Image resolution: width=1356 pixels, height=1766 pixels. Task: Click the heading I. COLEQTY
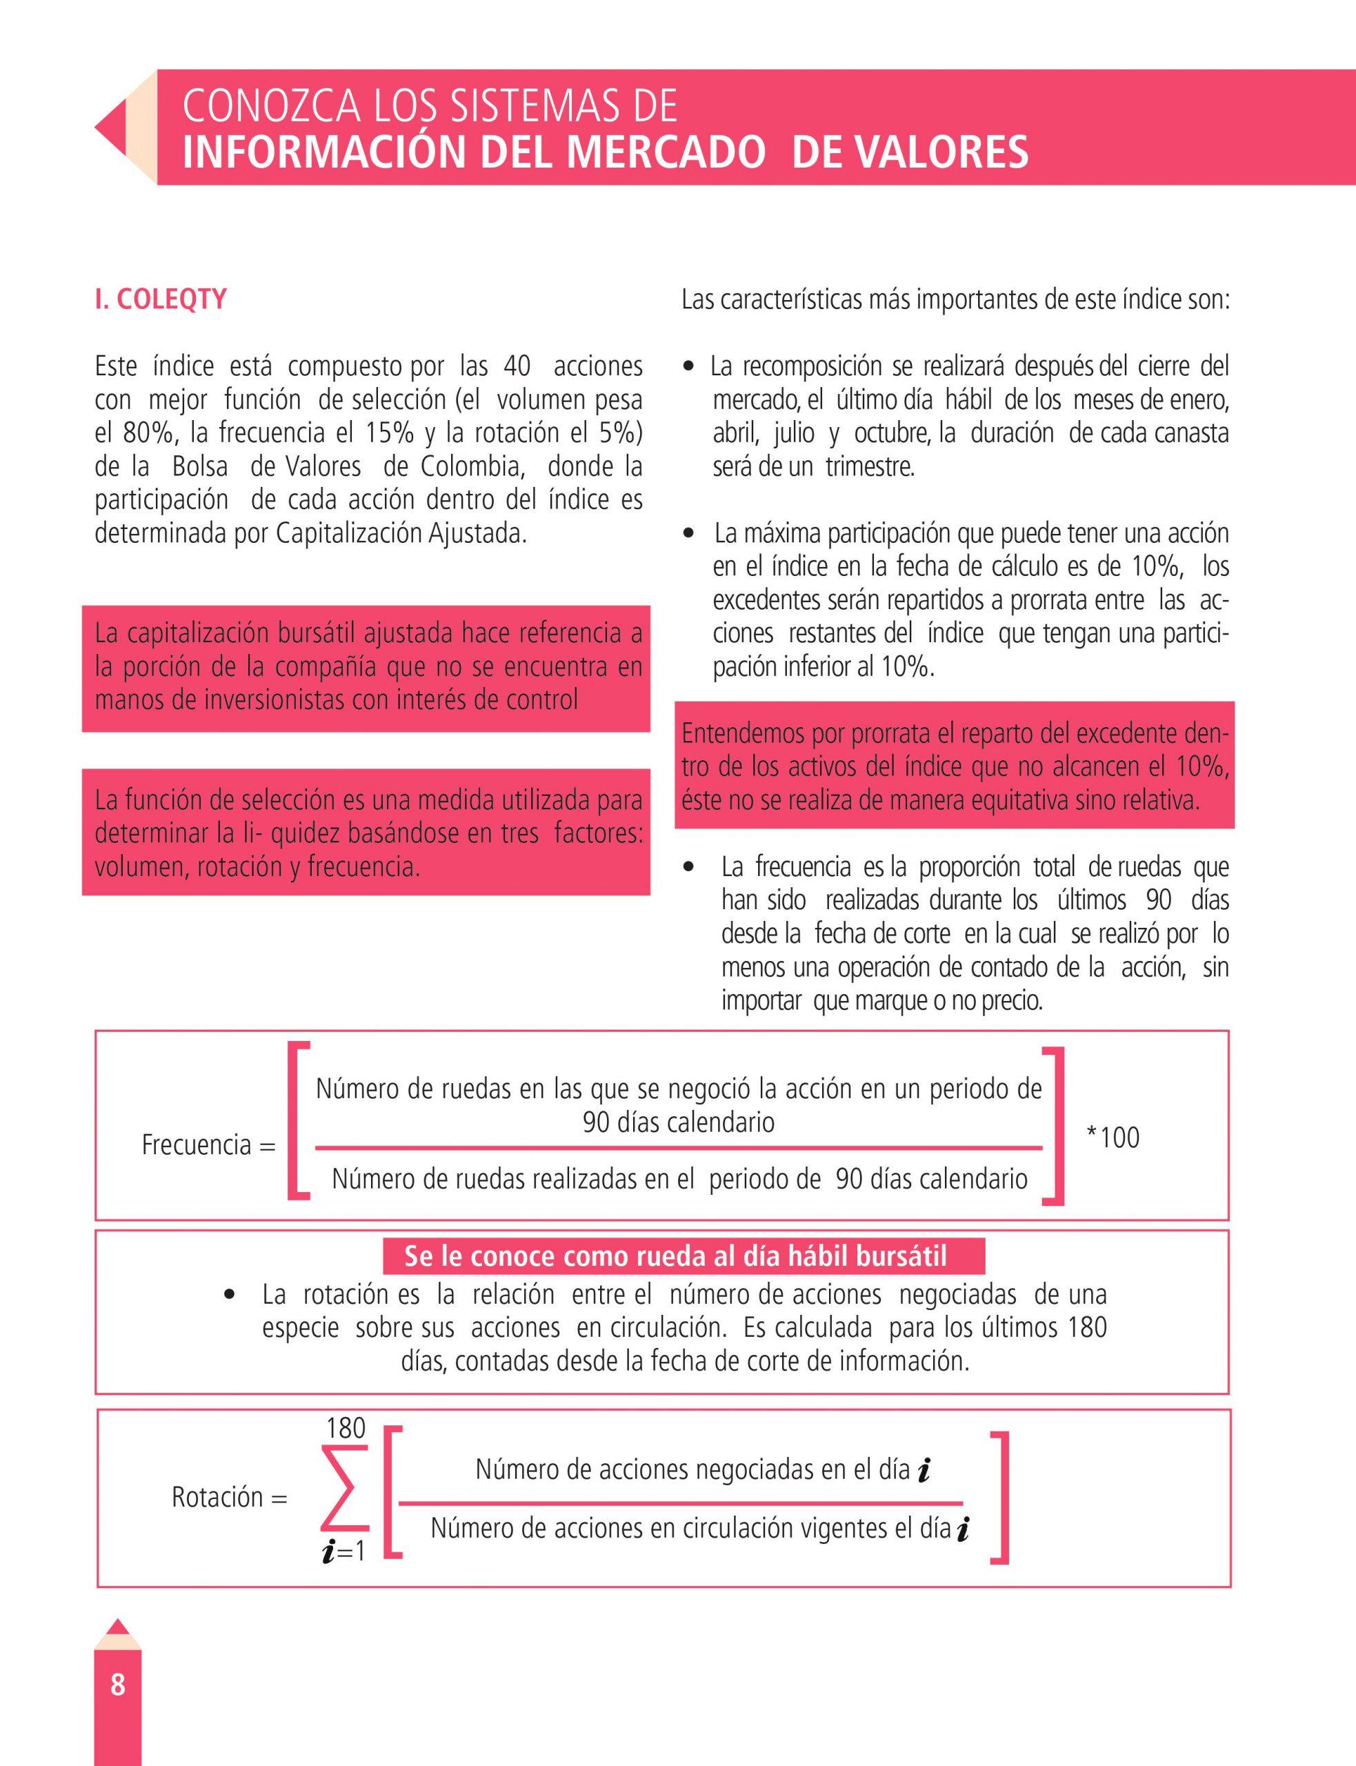point(161,299)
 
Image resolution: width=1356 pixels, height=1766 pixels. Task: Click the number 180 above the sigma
point(346,1429)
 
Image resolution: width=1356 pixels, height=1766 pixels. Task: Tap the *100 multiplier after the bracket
point(1113,1138)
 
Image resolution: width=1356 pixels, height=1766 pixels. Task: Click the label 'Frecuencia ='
point(208,1144)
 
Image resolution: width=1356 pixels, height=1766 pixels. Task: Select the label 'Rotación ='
point(229,1497)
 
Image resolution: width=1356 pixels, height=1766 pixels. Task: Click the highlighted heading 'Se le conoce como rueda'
point(675,1256)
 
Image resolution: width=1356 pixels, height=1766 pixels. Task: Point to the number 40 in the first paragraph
point(517,366)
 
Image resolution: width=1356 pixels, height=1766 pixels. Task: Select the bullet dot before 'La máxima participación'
point(688,533)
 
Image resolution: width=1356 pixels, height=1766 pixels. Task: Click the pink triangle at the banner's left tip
point(111,128)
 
